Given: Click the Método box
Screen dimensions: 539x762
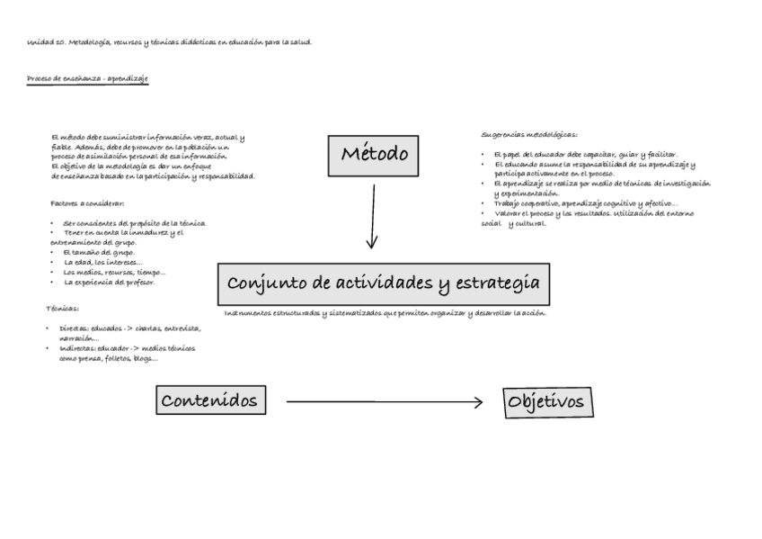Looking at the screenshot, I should click(x=376, y=155).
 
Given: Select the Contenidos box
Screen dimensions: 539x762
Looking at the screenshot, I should click(x=211, y=400).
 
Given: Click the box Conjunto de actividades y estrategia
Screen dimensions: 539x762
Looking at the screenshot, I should click(x=384, y=284).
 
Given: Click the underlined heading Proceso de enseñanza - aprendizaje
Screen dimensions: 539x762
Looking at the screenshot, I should click(x=87, y=79).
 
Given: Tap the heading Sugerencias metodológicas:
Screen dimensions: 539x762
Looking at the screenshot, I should click(x=529, y=135).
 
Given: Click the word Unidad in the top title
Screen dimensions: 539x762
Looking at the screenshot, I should click(x=40, y=42).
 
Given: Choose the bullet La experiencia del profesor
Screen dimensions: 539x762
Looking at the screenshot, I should click(x=110, y=283).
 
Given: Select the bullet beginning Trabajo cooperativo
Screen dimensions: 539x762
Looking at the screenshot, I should click(x=584, y=203).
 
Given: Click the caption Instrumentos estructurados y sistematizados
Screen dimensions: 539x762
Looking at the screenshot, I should click(x=385, y=313).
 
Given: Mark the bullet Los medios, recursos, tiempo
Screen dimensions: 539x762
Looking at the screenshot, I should click(x=114, y=273).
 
